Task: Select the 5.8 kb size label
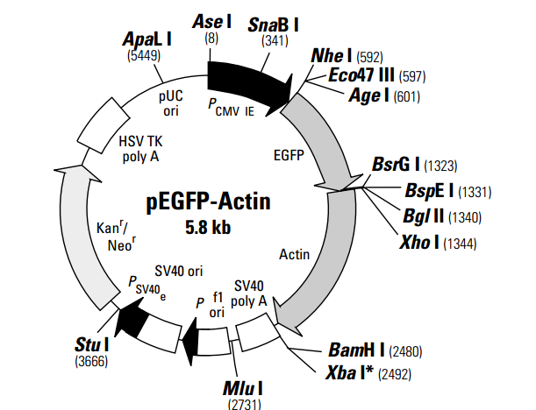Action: click(209, 225)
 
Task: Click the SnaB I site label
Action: click(273, 23)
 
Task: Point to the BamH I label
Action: click(355, 350)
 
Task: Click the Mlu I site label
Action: click(243, 386)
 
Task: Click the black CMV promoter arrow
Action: click(248, 81)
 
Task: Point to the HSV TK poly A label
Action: click(142, 148)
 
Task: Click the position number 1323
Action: click(440, 166)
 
